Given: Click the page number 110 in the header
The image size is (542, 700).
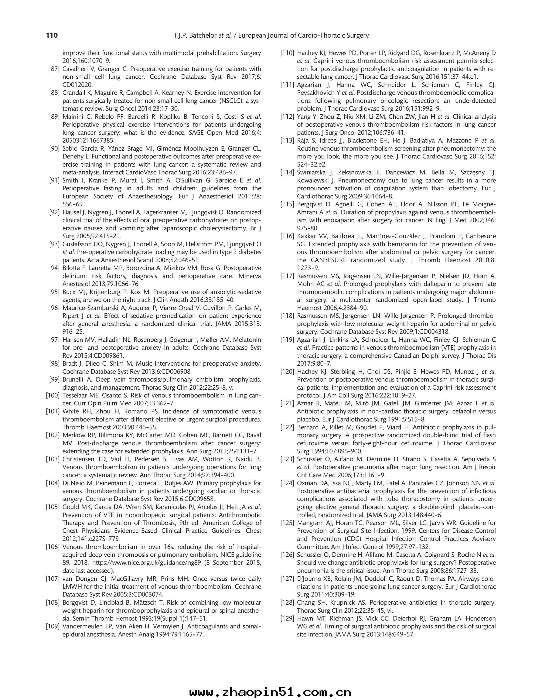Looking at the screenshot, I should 52,35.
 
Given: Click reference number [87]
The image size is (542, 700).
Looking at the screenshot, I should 54,69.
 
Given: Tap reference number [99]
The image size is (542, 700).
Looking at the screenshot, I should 54,379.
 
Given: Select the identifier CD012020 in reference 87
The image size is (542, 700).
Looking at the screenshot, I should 77,85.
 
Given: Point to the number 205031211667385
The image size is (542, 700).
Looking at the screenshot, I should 88,141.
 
